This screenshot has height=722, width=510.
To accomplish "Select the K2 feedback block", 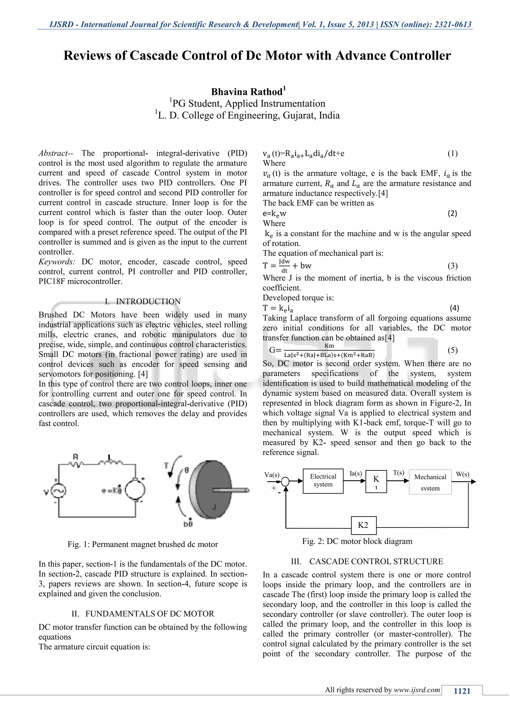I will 363,525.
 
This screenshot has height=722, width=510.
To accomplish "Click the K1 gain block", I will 376,481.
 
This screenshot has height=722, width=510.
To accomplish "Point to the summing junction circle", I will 285,481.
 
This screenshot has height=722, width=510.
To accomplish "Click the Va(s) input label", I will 272,474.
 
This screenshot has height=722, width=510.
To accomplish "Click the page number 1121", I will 462,691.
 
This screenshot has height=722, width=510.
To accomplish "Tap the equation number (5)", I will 452,350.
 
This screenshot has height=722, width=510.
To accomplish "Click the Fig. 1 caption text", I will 143,544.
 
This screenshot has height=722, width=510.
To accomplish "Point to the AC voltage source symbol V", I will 59,491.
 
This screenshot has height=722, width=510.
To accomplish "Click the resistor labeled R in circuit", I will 75,463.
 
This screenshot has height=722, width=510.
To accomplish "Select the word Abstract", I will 53,153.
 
